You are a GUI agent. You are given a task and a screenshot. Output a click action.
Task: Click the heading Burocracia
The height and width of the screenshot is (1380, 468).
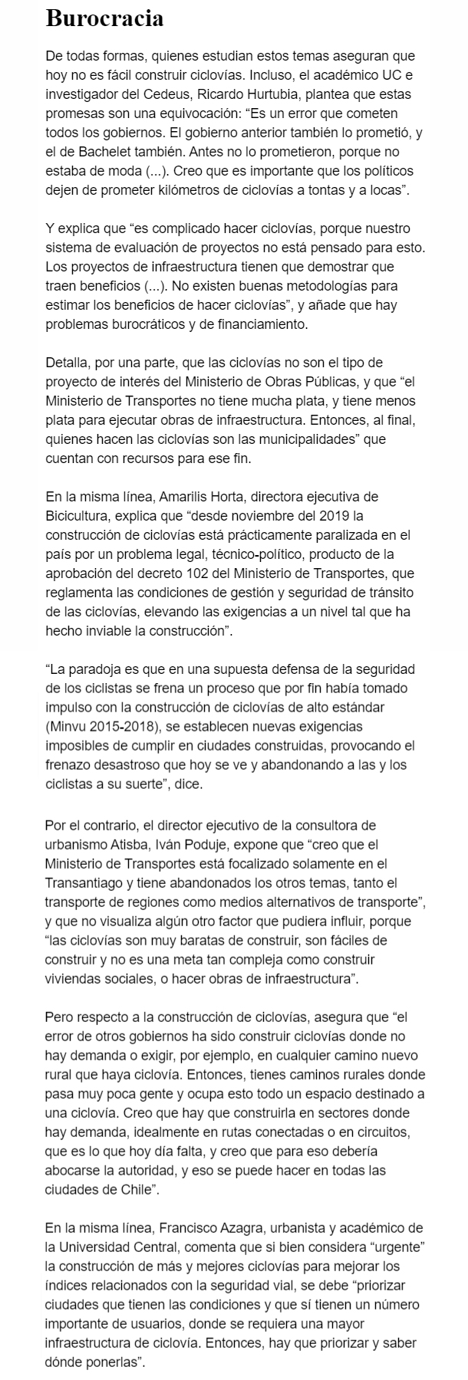tap(104, 18)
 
